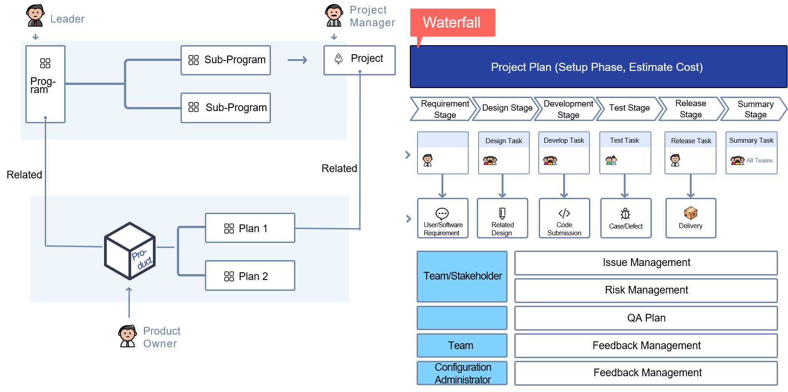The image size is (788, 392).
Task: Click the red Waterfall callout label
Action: tap(452, 23)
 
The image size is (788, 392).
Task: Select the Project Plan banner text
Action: tap(597, 67)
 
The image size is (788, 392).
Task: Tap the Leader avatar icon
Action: tap(35, 15)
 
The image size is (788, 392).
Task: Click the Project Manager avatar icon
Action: tap(334, 15)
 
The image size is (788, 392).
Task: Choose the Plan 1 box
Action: tap(250, 228)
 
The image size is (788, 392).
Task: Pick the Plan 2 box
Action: tap(250, 276)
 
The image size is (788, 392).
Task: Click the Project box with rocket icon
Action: tap(359, 60)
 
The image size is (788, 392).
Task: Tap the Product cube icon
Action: tap(130, 251)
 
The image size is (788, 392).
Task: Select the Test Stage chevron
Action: tap(629, 108)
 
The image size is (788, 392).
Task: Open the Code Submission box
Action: tap(564, 218)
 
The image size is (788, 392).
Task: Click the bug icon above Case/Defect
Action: tap(626, 213)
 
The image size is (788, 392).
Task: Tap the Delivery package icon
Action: tap(690, 213)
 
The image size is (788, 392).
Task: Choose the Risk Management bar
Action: tap(646, 290)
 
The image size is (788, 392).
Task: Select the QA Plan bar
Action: tap(646, 318)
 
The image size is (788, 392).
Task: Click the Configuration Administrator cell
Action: tap(462, 373)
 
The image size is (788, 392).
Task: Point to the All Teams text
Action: tap(759, 161)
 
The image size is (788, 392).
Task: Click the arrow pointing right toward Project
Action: tap(297, 60)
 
